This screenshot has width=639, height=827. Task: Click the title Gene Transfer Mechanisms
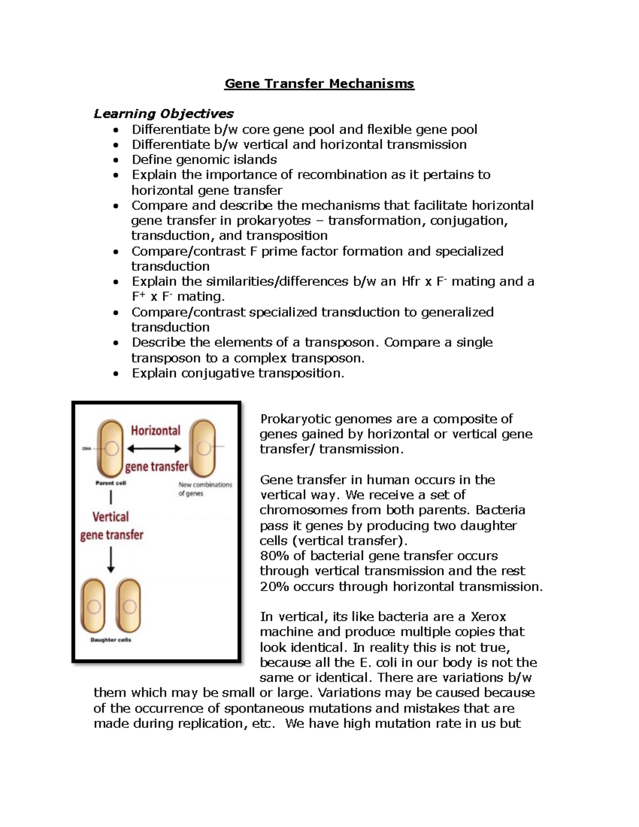[319, 84]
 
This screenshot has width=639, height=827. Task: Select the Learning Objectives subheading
[163, 113]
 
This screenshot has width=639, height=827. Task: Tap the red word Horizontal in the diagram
[155, 430]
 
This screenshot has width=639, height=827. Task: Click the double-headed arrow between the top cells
[154, 448]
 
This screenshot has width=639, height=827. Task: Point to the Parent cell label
[111, 483]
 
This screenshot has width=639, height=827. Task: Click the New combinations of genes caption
[204, 489]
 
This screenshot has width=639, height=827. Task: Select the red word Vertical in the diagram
[111, 517]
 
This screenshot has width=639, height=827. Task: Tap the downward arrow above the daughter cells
[111, 560]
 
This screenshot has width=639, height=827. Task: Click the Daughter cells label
[111, 640]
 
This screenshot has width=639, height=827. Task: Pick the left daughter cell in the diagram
[94, 606]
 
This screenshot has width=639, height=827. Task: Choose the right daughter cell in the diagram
[128, 606]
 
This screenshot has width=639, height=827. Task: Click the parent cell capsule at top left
[111, 448]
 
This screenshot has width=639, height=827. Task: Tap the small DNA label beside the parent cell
[86, 448]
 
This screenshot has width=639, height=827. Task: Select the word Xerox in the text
[488, 617]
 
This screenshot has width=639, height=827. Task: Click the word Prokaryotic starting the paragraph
[300, 419]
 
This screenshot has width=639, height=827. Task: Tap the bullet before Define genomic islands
[116, 160]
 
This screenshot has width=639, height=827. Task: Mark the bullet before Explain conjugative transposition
[116, 374]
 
